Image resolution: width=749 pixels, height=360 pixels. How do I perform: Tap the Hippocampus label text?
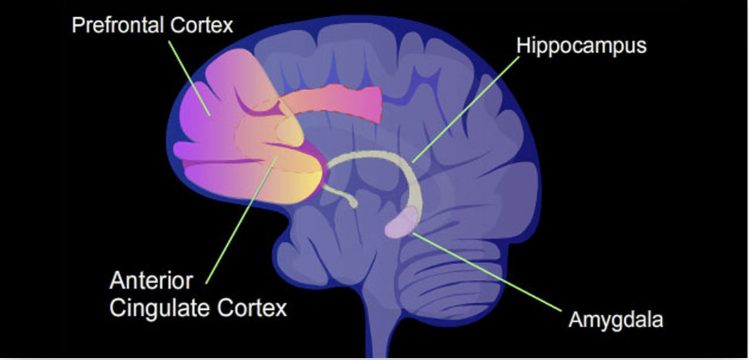(x=581, y=46)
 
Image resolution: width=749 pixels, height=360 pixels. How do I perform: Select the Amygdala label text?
(x=615, y=320)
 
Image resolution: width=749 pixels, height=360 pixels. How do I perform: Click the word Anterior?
(x=151, y=281)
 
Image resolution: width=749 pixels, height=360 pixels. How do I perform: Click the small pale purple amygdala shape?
(x=401, y=224)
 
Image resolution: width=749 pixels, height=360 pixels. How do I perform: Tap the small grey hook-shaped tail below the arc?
(x=342, y=196)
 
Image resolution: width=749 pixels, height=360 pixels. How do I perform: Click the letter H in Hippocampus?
(x=523, y=45)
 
